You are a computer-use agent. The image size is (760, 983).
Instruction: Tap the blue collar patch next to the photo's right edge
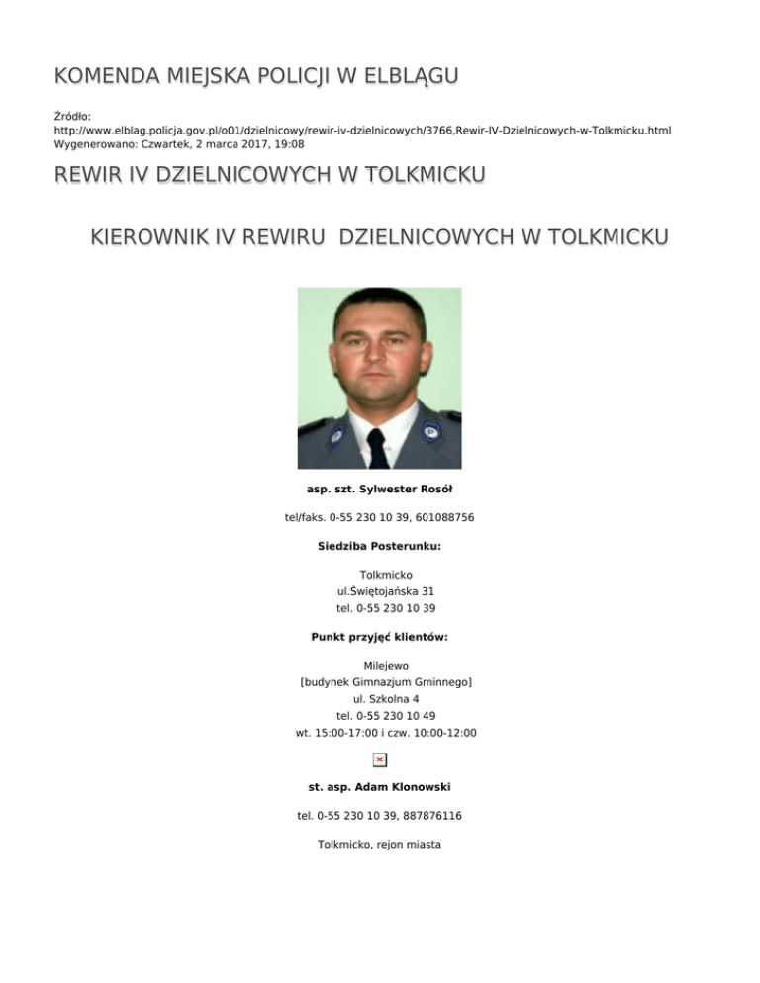(430, 430)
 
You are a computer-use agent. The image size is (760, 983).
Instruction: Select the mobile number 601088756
(449, 516)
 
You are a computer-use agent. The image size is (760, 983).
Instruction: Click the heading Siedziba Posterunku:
(380, 545)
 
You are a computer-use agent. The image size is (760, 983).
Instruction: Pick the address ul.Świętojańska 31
(380, 591)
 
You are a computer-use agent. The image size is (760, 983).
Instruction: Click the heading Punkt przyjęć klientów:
(380, 637)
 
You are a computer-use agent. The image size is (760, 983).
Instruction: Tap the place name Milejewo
(380, 666)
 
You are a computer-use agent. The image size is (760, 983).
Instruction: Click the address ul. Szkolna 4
(380, 698)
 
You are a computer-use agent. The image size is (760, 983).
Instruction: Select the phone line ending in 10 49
(380, 715)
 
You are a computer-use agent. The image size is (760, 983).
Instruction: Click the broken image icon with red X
(379, 760)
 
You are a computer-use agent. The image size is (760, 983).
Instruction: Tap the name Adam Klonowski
(402, 787)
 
